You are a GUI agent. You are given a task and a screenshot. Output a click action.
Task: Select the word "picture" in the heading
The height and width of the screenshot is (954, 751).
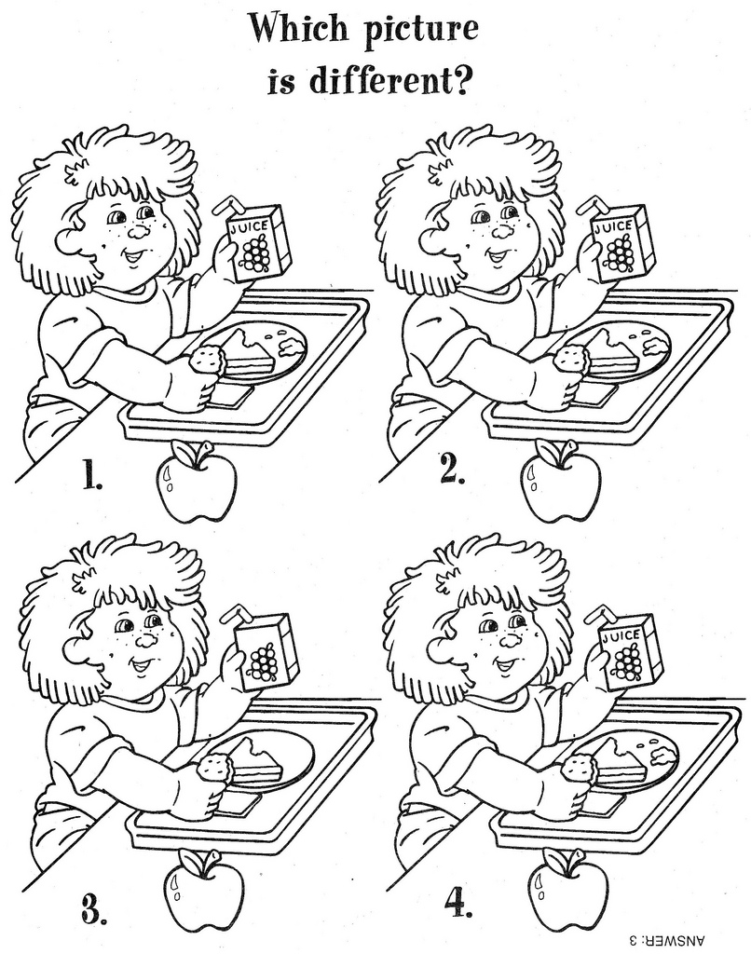point(425,33)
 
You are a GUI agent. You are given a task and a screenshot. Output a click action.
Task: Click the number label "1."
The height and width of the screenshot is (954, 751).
point(90,476)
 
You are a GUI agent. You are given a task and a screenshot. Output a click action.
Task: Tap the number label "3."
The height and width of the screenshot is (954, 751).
point(93,907)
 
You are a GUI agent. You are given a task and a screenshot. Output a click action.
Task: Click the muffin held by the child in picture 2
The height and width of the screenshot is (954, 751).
point(570,358)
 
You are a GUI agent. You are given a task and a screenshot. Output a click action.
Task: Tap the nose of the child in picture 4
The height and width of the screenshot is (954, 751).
point(511,639)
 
